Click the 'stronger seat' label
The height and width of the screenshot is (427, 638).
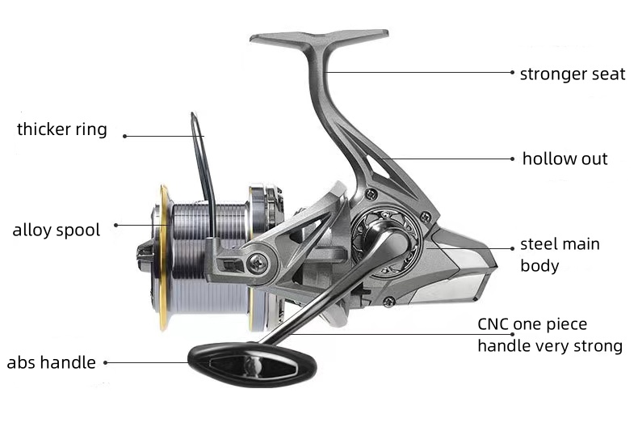[573, 74]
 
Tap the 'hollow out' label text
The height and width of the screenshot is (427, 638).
[565, 159]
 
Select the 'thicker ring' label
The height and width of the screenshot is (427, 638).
[62, 129]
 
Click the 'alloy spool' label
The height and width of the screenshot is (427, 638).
[57, 230]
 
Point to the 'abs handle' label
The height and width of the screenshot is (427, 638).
[51, 362]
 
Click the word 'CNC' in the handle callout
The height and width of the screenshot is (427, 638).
[493, 324]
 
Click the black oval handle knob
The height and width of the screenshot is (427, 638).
[252, 365]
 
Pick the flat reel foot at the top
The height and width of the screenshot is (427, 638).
[319, 36]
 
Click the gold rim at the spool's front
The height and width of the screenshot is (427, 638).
[164, 256]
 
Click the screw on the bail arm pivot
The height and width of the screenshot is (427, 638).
[258, 264]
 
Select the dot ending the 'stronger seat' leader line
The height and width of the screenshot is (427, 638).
[512, 73]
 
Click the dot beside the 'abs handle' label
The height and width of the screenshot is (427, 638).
[105, 362]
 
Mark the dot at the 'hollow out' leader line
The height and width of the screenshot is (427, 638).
[512, 159]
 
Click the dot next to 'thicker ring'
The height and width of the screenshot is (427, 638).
[125, 136]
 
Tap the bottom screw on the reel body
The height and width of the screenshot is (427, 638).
[389, 302]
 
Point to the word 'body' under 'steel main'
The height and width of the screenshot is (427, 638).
[539, 265]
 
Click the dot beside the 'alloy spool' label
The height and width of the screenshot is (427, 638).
[116, 225]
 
